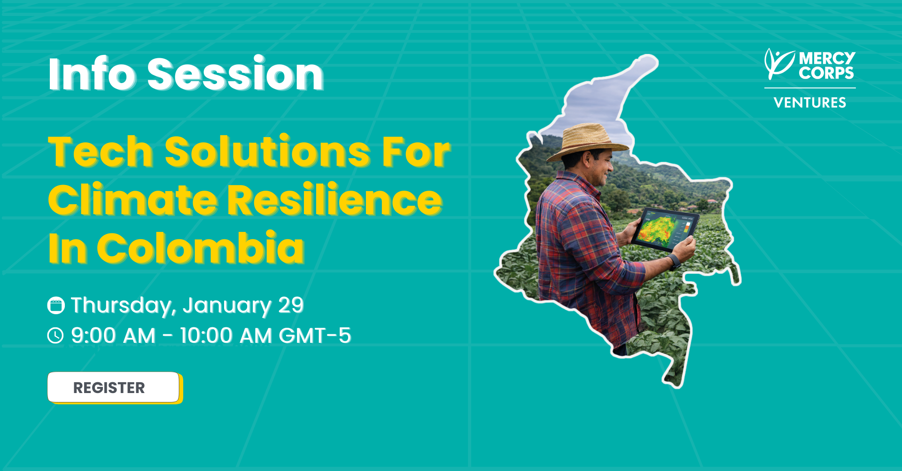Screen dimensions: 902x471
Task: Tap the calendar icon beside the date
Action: pos(56,305)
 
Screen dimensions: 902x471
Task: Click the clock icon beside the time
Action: pos(55,336)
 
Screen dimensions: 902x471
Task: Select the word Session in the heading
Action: pos(235,74)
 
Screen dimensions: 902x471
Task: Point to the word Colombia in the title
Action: pos(201,247)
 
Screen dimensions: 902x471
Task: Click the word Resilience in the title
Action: pos(335,200)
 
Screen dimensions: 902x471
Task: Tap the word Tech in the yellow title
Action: pos(101,152)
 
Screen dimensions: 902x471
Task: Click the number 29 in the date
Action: pos(291,305)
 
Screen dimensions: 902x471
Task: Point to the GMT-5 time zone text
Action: pos(315,336)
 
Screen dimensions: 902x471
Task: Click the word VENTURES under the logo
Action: pos(810,103)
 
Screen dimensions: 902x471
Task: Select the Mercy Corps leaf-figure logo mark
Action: pos(779,64)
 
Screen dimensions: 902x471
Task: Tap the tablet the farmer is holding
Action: pos(665,229)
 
